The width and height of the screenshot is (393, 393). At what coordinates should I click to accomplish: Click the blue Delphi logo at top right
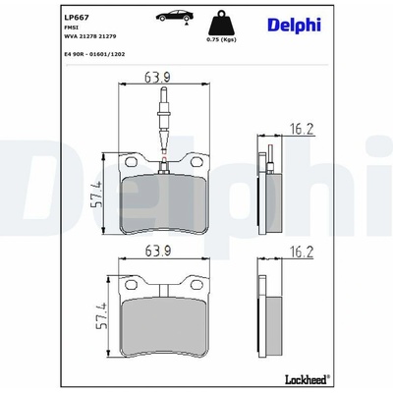(x=294, y=26)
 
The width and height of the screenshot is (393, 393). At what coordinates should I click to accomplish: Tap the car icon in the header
(x=175, y=16)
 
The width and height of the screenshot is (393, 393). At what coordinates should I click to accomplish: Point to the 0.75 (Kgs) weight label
(x=221, y=39)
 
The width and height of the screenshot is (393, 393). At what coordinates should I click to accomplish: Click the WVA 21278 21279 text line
(x=90, y=36)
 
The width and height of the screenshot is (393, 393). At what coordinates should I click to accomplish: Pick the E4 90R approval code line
(x=94, y=54)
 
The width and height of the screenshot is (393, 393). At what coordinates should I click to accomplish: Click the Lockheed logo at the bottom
(x=308, y=379)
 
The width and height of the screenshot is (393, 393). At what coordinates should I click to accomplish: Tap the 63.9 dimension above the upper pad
(x=158, y=77)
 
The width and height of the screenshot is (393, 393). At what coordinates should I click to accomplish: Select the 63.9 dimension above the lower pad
(x=158, y=251)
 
